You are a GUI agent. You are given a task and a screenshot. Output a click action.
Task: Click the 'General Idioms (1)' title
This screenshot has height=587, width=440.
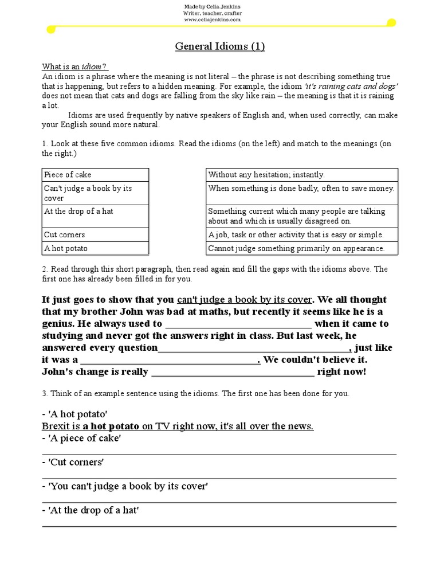click(x=219, y=46)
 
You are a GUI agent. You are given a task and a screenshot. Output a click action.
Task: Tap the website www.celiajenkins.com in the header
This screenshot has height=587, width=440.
click(x=211, y=19)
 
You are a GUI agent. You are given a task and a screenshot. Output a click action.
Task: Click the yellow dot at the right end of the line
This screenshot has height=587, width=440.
click(x=391, y=23)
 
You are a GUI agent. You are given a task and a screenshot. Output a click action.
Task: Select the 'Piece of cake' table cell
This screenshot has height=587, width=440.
click(x=95, y=175)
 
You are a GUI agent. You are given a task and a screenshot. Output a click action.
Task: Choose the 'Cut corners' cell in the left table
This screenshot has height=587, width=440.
click(x=95, y=235)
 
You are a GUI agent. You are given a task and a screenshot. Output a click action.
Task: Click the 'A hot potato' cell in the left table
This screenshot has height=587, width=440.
click(x=95, y=249)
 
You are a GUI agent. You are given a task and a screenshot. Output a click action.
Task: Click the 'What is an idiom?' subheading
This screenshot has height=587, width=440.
click(x=75, y=67)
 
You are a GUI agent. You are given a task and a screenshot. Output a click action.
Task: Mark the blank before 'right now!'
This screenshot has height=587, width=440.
click(x=233, y=373)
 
